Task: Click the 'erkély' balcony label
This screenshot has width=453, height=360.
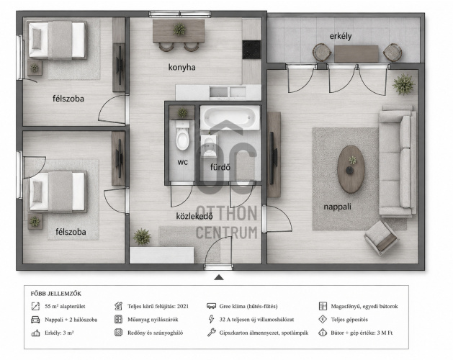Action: tap(341, 37)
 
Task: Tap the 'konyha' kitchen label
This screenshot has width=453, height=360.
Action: tap(181, 67)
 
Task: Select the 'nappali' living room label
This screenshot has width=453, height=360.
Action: tap(337, 207)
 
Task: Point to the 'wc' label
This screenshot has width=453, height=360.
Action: tap(183, 163)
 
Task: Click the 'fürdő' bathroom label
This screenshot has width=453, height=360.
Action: tap(220, 167)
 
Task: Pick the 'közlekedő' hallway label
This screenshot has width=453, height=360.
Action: tap(194, 216)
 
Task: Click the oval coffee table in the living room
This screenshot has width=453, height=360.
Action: tap(351, 169)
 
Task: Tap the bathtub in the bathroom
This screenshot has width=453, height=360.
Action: tap(230, 117)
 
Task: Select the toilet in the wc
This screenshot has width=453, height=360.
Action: tap(183, 135)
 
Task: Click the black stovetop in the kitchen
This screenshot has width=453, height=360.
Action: tap(251, 50)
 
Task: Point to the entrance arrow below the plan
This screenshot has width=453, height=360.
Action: tap(219, 277)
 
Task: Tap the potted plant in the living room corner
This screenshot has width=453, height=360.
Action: tap(403, 84)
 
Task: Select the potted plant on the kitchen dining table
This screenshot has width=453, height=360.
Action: tap(179, 30)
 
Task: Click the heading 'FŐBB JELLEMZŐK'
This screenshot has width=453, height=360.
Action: tap(56, 294)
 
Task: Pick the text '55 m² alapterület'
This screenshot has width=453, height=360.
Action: tap(65, 306)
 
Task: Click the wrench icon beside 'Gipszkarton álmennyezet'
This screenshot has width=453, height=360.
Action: tap(212, 333)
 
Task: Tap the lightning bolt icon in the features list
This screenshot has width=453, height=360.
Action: tap(211, 319)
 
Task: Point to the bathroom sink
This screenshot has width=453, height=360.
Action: tap(209, 145)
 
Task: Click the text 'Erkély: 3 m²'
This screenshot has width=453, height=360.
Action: tap(59, 333)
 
